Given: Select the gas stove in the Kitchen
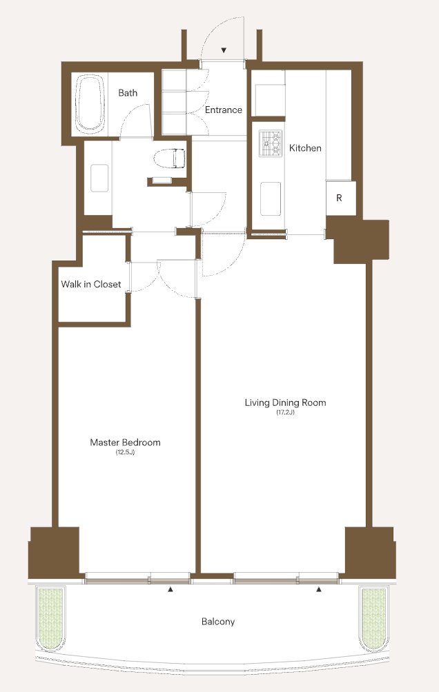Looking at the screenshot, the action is [x=271, y=143].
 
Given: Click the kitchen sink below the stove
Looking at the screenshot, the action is [x=271, y=199].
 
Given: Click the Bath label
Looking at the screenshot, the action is [x=128, y=93].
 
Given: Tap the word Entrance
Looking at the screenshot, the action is [x=223, y=110].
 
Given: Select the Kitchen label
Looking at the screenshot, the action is [x=305, y=148].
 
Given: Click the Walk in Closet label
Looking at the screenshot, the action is [x=90, y=284].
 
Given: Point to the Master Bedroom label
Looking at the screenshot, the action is [x=125, y=442].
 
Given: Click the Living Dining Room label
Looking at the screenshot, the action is [x=286, y=403].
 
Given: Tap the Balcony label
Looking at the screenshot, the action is [x=218, y=622].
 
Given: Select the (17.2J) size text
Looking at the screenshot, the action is [x=286, y=413].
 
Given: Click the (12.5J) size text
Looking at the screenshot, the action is [x=125, y=452].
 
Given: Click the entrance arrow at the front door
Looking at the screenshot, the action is [x=224, y=50].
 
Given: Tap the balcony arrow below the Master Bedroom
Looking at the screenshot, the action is [x=170, y=589].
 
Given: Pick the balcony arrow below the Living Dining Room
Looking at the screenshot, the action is [x=319, y=589].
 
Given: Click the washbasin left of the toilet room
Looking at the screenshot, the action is [x=99, y=178].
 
